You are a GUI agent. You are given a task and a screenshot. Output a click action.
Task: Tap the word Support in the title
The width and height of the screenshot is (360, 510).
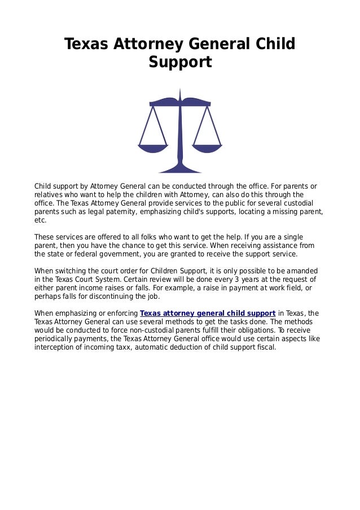pyautogui.click(x=180, y=62)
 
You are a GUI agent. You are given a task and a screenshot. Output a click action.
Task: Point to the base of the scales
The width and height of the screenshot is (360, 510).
pyautogui.click(x=180, y=169)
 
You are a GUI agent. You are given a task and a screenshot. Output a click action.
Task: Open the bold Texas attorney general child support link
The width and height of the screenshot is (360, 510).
pyautogui.click(x=208, y=313)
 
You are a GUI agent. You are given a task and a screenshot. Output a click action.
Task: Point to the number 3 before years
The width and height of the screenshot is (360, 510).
pyautogui.click(x=238, y=279)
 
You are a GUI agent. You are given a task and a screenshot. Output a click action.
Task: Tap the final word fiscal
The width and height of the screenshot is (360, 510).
pyautogui.click(x=265, y=347)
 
